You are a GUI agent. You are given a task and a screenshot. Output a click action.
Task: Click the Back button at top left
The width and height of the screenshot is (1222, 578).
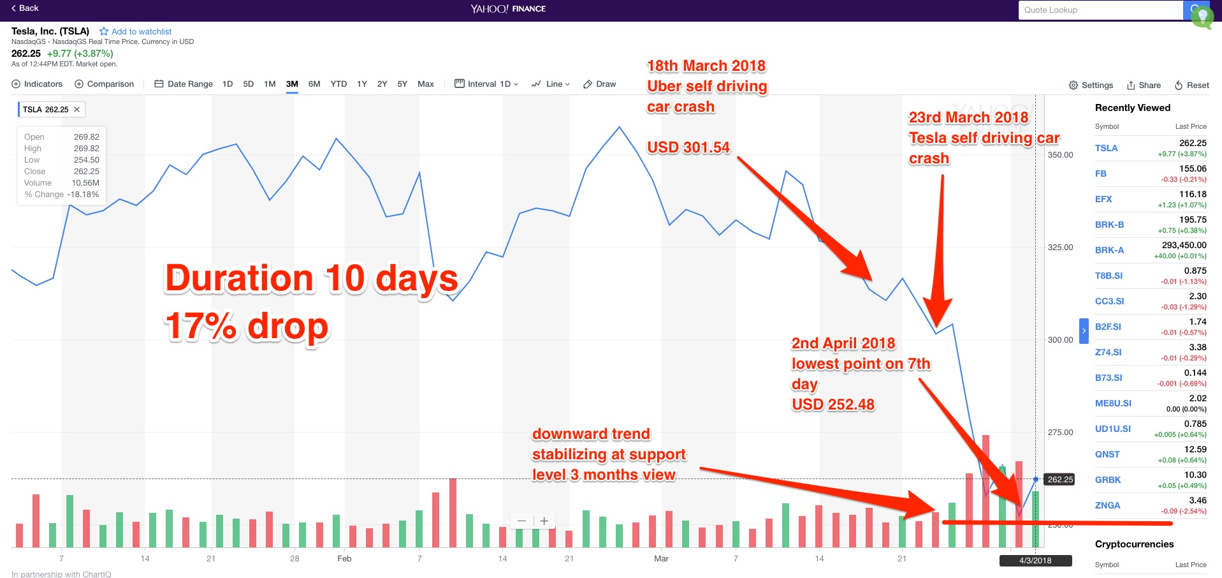25,8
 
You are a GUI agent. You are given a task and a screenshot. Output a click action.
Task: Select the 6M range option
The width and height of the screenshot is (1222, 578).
314,84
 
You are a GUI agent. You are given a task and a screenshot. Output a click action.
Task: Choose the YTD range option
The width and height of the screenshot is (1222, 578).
338,84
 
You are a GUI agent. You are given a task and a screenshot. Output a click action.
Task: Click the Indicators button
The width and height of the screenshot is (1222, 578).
37,84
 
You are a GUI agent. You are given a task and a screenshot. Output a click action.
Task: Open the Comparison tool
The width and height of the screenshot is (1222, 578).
104,84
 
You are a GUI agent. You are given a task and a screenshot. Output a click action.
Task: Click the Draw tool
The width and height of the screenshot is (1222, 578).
600,84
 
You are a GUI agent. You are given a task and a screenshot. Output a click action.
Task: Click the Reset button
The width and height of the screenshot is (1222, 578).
1191,85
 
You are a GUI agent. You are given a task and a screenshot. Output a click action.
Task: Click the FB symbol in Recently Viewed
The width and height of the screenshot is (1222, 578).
1101,174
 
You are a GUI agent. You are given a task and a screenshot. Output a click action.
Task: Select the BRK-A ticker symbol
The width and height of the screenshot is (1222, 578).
1109,250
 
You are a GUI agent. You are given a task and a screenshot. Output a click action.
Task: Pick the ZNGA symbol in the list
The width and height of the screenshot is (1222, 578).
1107,505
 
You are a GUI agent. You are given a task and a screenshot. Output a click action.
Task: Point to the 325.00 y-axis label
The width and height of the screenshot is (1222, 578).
1060,248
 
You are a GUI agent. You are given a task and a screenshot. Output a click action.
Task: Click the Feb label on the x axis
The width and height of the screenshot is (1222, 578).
344,559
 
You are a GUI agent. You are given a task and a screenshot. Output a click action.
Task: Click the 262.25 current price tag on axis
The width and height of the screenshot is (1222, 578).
1060,480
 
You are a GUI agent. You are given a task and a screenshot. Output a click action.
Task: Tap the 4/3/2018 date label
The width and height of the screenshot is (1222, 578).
1035,561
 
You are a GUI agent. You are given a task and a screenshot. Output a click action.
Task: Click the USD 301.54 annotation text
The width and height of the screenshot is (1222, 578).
688,147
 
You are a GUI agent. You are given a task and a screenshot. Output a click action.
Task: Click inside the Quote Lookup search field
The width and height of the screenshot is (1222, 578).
1100,10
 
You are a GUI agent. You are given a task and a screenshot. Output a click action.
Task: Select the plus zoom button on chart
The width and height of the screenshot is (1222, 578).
544,521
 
